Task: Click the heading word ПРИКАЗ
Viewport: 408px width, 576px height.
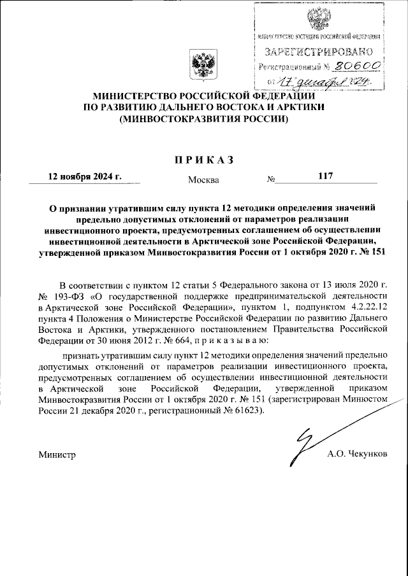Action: [x=203, y=159]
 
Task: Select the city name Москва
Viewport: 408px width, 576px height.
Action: [x=203, y=179]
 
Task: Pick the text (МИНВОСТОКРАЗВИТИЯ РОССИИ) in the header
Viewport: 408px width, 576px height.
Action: [x=203, y=118]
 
